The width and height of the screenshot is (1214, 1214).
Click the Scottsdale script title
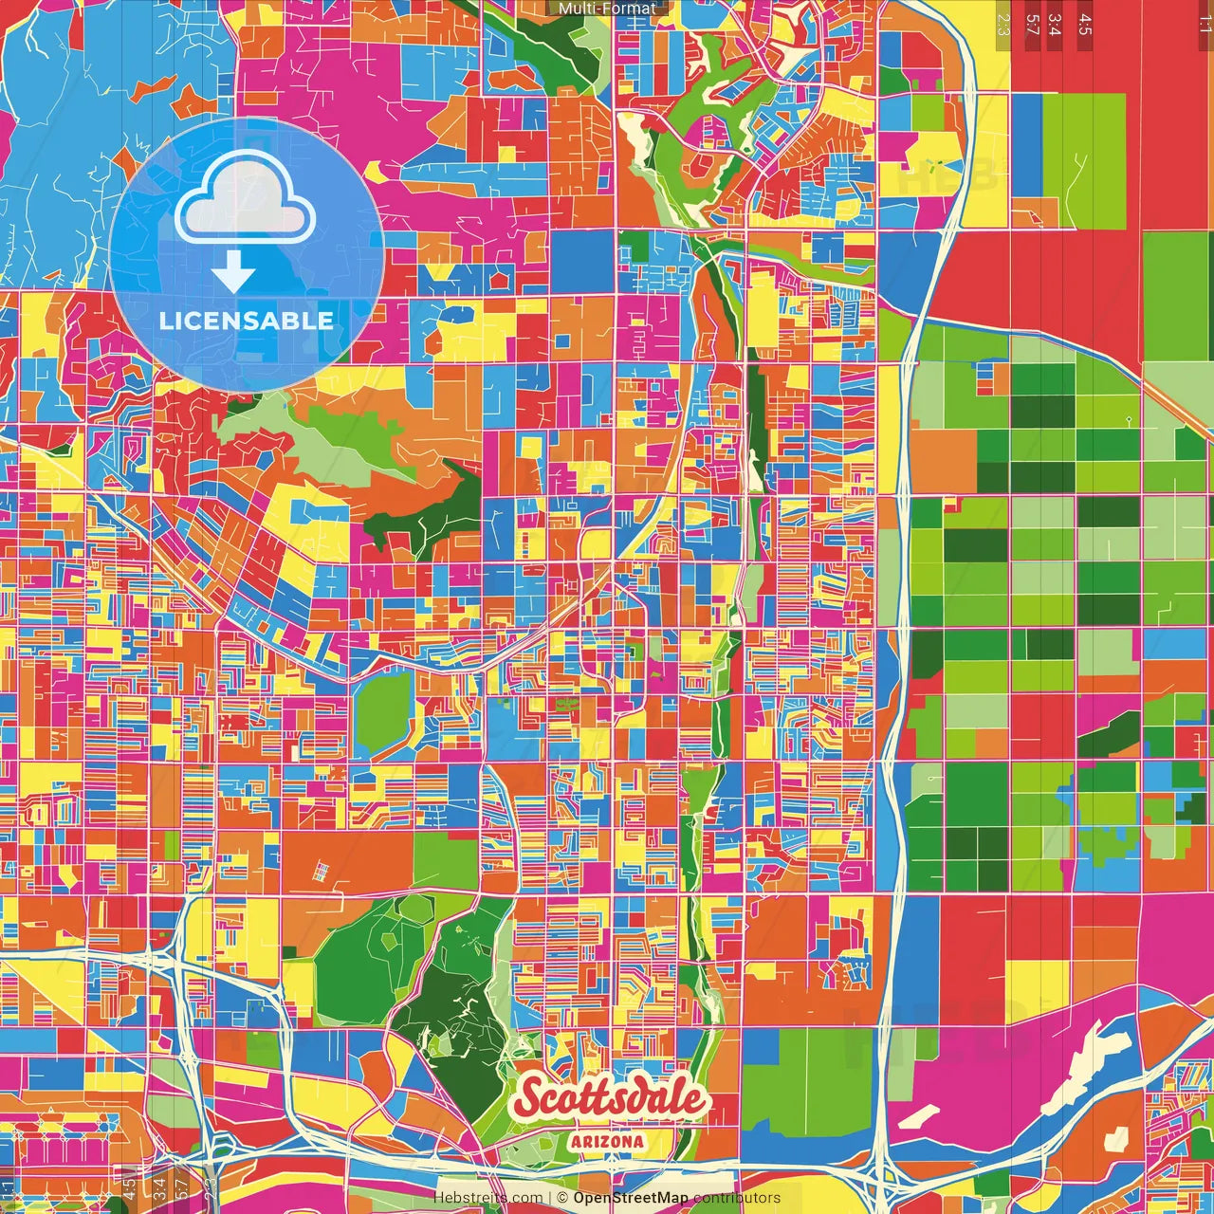coord(611,1098)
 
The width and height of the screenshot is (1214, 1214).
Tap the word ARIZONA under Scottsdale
coord(607,1142)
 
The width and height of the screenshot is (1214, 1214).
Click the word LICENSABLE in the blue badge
coord(247,321)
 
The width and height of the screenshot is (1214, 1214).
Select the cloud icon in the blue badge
coord(246,197)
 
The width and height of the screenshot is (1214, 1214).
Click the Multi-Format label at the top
coord(606,9)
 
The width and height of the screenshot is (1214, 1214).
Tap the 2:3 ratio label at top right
coord(1003,25)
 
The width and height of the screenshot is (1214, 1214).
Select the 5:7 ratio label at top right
coord(1033,25)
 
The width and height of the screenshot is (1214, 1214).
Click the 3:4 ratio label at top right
coord(1055,25)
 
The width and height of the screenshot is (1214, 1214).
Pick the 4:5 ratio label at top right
coord(1085,25)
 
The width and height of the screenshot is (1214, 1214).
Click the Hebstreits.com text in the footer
coord(488,1198)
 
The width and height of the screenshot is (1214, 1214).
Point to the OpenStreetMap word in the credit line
coord(631,1198)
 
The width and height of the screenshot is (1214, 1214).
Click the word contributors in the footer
coord(737,1198)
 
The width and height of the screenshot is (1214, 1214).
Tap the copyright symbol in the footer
coord(562,1198)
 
